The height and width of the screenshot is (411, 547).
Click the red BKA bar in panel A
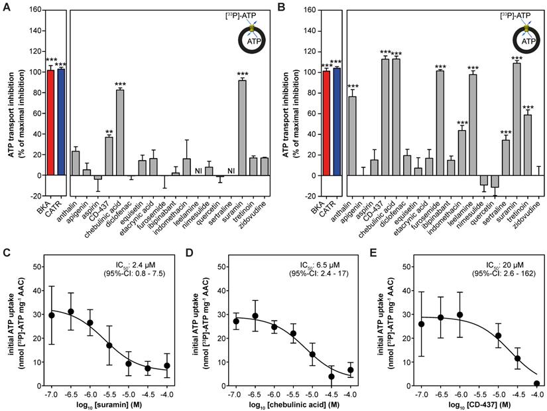pyautogui.click(x=49, y=122)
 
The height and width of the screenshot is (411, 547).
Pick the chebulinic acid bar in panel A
pyautogui.click(x=120, y=132)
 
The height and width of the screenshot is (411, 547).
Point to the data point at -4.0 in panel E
pyautogui.click(x=536, y=383)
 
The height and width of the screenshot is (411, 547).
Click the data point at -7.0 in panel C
pyautogui.click(x=51, y=315)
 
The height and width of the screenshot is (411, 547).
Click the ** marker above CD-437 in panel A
pyautogui.click(x=109, y=132)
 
